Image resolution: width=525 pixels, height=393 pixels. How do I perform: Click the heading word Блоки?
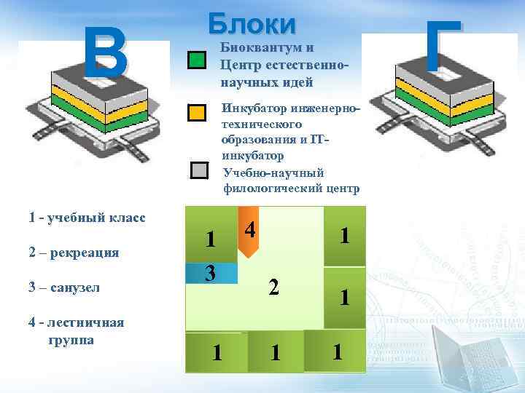[x=252, y=23]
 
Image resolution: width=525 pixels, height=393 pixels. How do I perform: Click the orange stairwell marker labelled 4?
[x=249, y=231]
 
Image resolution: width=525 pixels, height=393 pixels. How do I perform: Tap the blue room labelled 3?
[x=211, y=273]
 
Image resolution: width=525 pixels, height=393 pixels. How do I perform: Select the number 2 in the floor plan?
[x=273, y=287]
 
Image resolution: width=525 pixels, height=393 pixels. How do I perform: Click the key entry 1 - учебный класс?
[x=86, y=218]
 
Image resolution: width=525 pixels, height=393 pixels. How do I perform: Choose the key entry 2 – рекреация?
[x=74, y=253]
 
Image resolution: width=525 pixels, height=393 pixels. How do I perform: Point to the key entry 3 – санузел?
[x=64, y=287]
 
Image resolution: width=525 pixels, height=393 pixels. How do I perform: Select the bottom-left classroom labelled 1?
[x=216, y=352]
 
